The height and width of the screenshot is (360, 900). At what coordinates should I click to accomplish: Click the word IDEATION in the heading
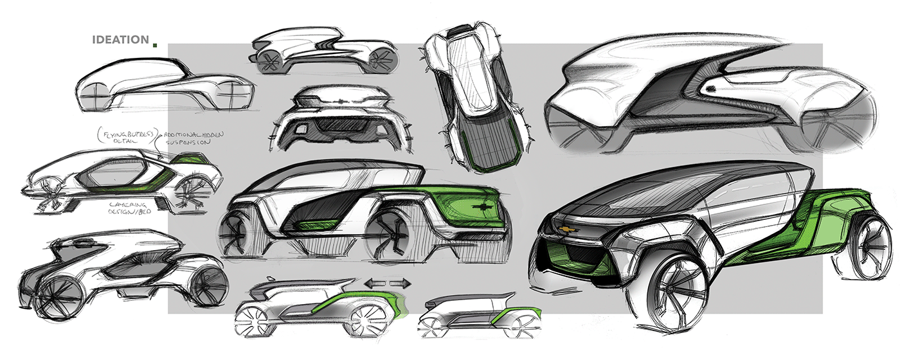tap(121, 40)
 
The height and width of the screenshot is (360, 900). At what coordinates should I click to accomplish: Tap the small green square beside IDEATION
tap(154, 44)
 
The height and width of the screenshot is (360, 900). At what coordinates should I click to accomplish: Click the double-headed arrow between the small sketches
tap(388, 282)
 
